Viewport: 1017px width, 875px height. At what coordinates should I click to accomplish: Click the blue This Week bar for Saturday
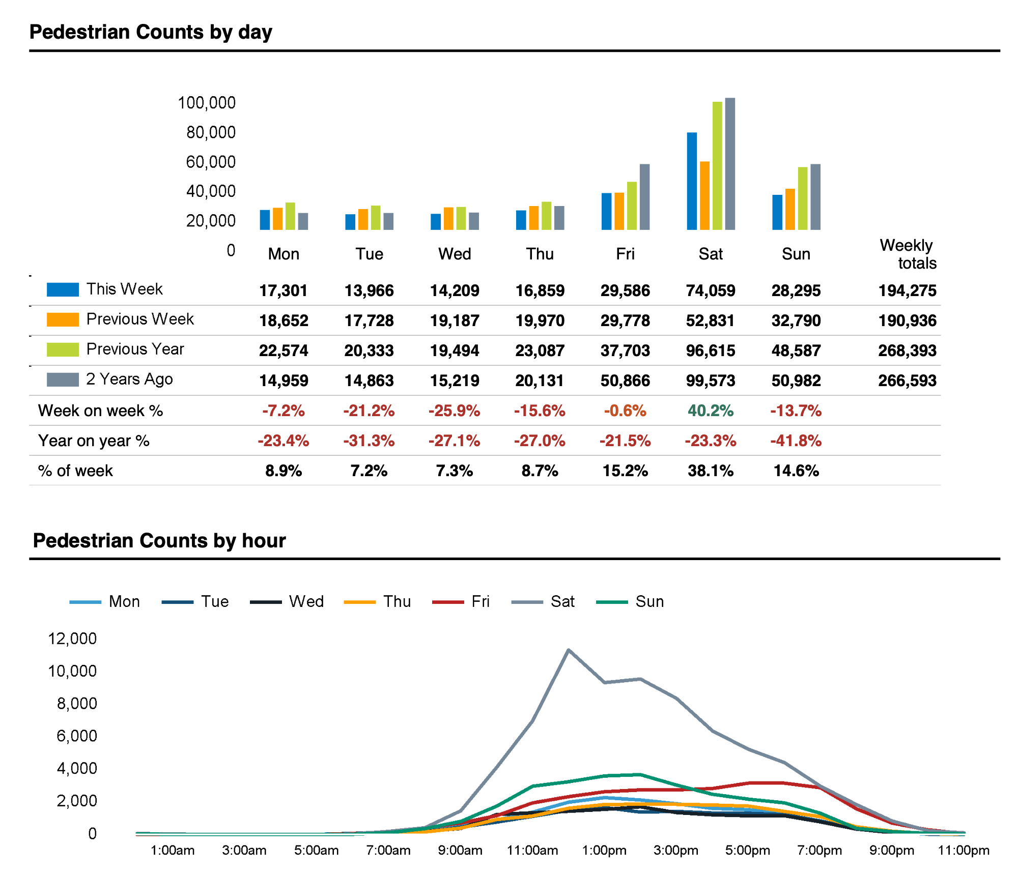coord(692,181)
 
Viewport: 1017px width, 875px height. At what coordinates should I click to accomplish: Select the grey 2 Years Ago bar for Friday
coord(644,197)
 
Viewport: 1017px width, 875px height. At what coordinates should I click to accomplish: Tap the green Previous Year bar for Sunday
coord(803,198)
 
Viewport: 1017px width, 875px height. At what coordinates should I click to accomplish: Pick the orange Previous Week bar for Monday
coord(277,219)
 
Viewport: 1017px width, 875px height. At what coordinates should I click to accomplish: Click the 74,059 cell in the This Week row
coord(711,290)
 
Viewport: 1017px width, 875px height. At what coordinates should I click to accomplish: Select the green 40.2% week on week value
coord(711,411)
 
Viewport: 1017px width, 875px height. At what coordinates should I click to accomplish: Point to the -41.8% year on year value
coord(796,441)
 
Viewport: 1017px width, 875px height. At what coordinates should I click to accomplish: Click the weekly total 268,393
coord(907,351)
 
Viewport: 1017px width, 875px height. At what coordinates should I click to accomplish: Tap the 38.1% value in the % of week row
coord(711,471)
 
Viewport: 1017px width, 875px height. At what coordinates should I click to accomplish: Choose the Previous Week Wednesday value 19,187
coord(455,320)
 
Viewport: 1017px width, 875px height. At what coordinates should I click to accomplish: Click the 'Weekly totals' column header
coord(908,254)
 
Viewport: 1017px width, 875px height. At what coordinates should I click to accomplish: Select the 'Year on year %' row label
coord(94,441)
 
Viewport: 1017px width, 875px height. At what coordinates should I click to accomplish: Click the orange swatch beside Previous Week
coord(63,319)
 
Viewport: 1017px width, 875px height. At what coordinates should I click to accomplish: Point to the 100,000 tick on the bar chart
coord(207,103)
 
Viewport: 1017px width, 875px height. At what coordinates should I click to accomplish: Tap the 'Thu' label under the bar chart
coord(540,254)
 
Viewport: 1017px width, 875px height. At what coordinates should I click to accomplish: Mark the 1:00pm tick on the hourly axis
coord(604,851)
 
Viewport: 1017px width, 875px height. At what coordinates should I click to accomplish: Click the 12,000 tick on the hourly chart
coord(72,638)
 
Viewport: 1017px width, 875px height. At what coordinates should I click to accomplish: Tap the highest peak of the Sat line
coord(568,650)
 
